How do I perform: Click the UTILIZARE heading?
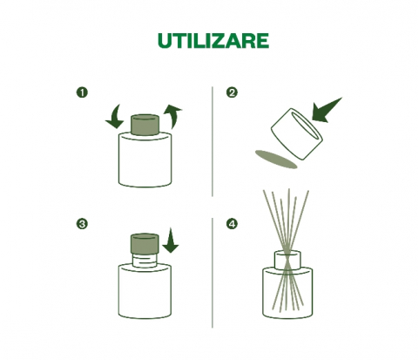tap(213, 41)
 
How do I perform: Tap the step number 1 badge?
tap(82, 92)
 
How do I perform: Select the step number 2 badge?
tap(232, 92)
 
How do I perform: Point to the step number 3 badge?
tap(82, 224)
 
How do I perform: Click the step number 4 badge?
tap(232, 224)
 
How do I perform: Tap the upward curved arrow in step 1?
tap(173, 116)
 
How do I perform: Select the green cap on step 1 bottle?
tap(145, 125)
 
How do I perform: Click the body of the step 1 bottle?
tap(145, 161)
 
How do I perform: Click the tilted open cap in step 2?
tap(297, 134)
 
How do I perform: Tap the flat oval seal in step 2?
tap(276, 160)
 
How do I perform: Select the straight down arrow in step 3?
tap(171, 241)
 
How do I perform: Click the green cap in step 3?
tap(145, 243)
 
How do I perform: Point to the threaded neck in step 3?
tap(145, 261)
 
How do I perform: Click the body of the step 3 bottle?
tap(145, 291)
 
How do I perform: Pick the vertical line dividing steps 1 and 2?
tap(212, 141)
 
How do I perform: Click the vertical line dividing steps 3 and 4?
tap(212, 273)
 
